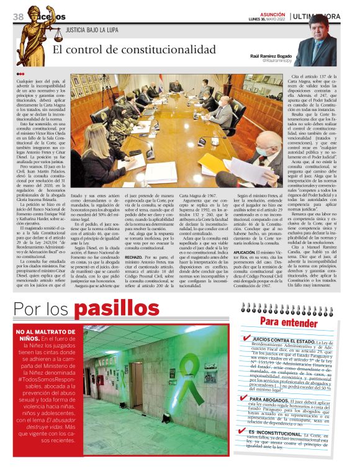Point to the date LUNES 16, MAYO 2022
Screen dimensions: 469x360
267,20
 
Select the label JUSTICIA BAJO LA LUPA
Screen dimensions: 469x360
92,29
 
